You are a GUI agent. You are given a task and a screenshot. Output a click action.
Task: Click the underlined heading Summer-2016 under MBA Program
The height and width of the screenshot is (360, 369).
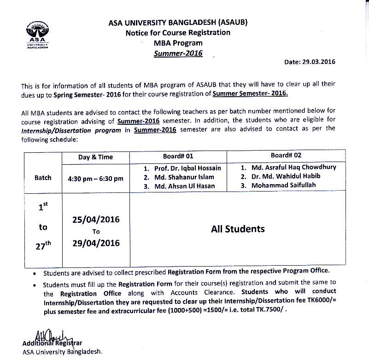point(178,53)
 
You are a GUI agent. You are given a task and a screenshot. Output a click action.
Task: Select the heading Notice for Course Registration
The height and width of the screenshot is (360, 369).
point(178,33)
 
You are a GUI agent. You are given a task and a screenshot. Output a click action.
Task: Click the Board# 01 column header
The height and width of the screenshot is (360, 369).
point(178,157)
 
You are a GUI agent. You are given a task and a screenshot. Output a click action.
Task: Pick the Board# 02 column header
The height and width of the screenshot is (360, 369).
point(286,156)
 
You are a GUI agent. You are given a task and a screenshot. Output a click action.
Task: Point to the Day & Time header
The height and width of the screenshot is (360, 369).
point(95,157)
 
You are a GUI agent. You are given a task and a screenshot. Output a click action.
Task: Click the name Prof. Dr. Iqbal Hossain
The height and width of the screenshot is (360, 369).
point(186,168)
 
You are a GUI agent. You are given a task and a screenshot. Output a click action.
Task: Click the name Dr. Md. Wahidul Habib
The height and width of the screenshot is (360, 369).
point(286,176)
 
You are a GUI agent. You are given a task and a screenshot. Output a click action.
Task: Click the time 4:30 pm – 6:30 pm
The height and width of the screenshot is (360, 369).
point(95,178)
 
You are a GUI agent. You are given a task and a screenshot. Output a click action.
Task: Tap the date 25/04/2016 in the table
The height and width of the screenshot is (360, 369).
point(96,220)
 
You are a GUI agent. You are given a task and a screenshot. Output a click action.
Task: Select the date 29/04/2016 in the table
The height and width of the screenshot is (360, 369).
point(96,243)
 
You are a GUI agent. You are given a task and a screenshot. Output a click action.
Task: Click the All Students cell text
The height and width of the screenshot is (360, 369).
point(238,229)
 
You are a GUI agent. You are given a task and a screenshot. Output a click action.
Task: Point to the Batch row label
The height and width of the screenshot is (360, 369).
point(43,178)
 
